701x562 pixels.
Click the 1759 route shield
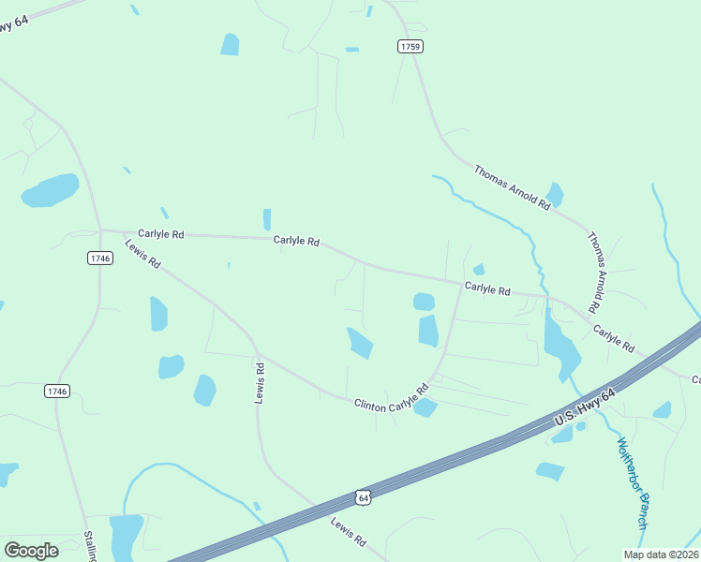click(x=410, y=46)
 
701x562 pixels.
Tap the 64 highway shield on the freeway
click(x=364, y=497)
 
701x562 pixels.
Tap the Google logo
click(x=31, y=551)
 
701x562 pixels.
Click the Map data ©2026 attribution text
click(x=661, y=555)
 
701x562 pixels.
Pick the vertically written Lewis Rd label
click(x=261, y=382)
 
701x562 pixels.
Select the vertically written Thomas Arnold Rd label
click(x=594, y=273)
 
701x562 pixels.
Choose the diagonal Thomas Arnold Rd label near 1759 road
click(x=511, y=186)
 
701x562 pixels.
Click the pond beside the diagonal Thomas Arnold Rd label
click(x=555, y=195)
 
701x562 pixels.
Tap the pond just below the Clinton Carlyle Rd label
click(x=425, y=407)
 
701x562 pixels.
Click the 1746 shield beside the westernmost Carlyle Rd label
click(x=100, y=258)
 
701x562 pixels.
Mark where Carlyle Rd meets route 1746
click(x=100, y=229)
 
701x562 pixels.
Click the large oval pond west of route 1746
click(x=51, y=190)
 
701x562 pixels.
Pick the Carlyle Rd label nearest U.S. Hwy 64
click(x=614, y=339)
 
